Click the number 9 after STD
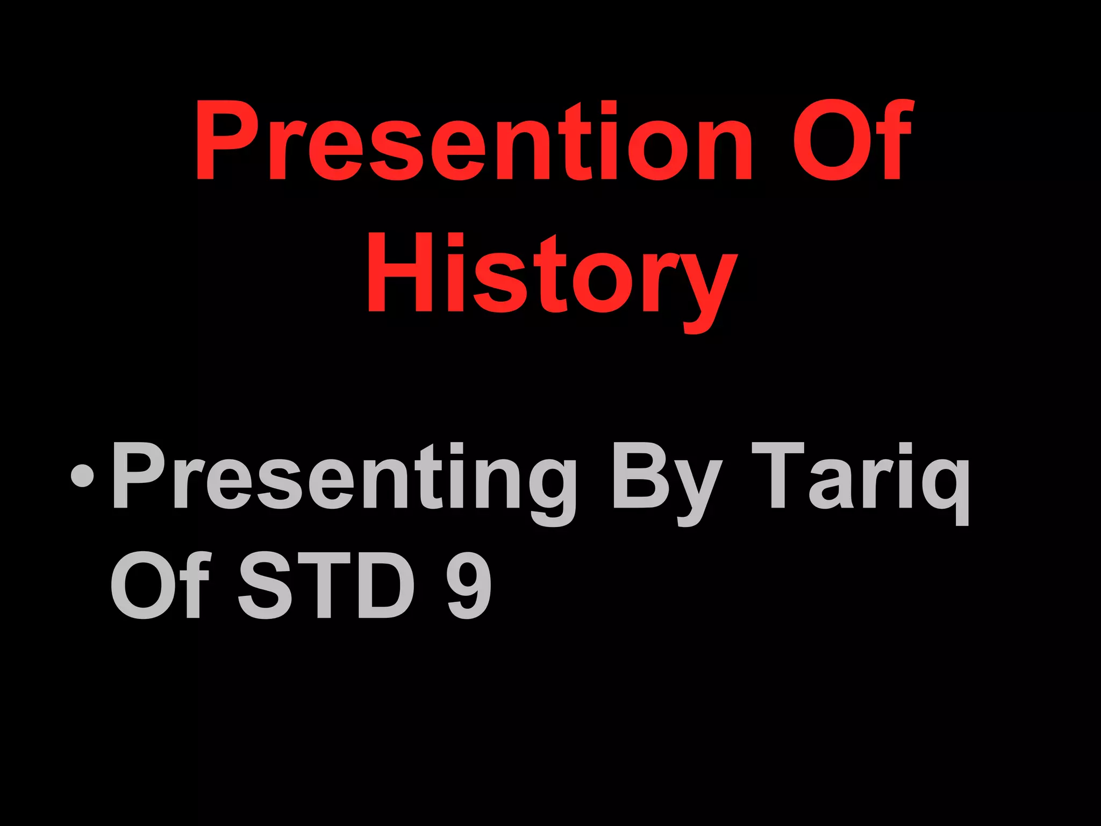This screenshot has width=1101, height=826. coord(469,585)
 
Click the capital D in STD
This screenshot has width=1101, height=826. coord(383,585)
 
